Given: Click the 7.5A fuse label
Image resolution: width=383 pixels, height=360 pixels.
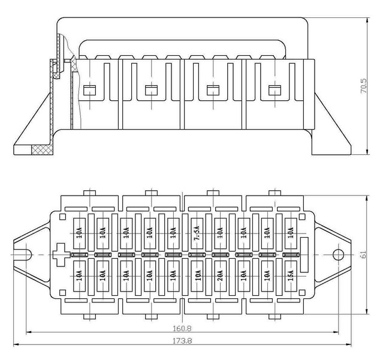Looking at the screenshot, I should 196,230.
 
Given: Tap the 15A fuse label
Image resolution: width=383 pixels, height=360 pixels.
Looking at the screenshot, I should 291,278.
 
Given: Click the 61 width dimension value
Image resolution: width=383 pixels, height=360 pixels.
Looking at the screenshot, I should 364,254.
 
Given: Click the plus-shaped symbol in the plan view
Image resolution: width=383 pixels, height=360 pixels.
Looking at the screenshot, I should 61,254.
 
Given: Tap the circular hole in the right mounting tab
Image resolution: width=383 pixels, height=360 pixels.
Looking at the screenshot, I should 337,254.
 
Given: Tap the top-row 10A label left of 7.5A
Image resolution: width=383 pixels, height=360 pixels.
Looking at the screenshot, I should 172,230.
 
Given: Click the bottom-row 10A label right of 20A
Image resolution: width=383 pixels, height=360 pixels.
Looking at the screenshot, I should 243,278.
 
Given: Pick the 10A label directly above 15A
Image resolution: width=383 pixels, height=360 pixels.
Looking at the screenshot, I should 291,230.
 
